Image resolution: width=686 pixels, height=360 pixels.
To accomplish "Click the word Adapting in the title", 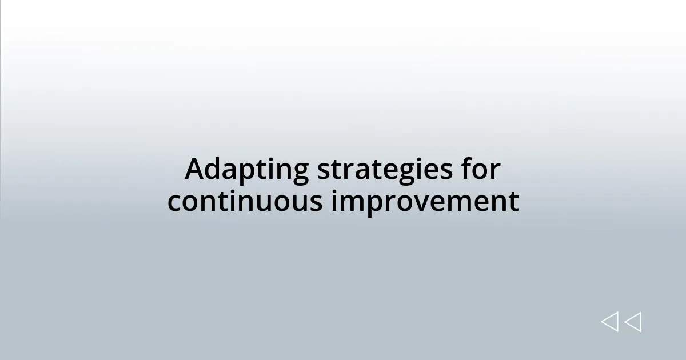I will point(247,170).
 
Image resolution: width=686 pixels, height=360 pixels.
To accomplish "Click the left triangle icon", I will point(609,322).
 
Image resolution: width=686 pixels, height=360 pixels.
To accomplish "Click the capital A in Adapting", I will point(195,169).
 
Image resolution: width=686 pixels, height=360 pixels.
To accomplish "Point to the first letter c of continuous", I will point(174,202).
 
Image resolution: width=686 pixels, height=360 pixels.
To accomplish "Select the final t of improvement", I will point(514,202).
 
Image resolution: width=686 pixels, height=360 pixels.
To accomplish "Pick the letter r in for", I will point(495,170).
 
